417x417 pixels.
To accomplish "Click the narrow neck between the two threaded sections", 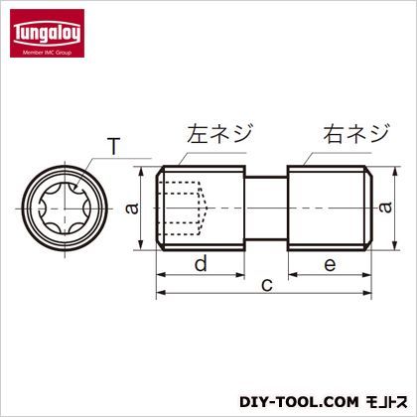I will [x=266, y=206].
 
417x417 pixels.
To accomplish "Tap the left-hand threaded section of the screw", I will [x=204, y=206].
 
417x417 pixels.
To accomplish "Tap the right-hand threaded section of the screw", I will [x=329, y=206].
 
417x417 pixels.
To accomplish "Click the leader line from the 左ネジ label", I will [x=180, y=151].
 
